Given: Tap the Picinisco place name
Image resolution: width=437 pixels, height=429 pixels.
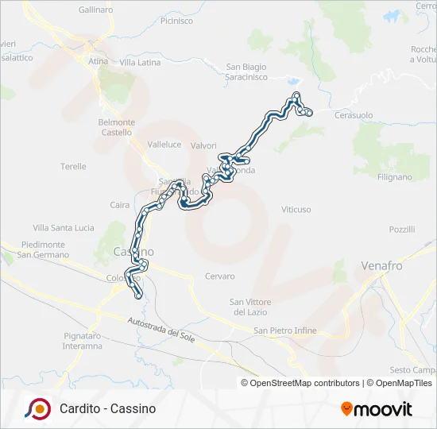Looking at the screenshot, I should pos(176,21).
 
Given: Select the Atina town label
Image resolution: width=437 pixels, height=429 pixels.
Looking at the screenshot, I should pos(99,61).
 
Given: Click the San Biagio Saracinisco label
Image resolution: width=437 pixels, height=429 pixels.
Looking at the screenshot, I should pos(246,71).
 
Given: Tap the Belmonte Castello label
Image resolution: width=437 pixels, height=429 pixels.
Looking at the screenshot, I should pos(116,127).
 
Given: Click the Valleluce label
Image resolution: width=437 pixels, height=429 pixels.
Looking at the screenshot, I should pos(165,145).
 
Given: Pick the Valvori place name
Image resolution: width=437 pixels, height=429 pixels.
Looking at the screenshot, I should pos(204,145).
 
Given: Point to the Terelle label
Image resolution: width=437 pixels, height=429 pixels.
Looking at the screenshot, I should pos(73,166).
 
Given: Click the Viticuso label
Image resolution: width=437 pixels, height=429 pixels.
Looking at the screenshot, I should pos(296,209).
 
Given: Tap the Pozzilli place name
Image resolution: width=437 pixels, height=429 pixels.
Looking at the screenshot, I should pos(402,229).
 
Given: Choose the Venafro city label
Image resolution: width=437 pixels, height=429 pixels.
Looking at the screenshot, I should pos(382,265).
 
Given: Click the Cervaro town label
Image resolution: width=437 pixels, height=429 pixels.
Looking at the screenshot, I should pos(220,276).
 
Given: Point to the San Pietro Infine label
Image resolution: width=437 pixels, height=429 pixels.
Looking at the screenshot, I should pos(285,330).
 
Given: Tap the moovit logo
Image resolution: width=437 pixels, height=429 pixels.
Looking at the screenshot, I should pos(377,409).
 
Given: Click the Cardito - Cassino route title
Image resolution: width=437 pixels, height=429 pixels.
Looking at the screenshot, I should pos(107,408).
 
